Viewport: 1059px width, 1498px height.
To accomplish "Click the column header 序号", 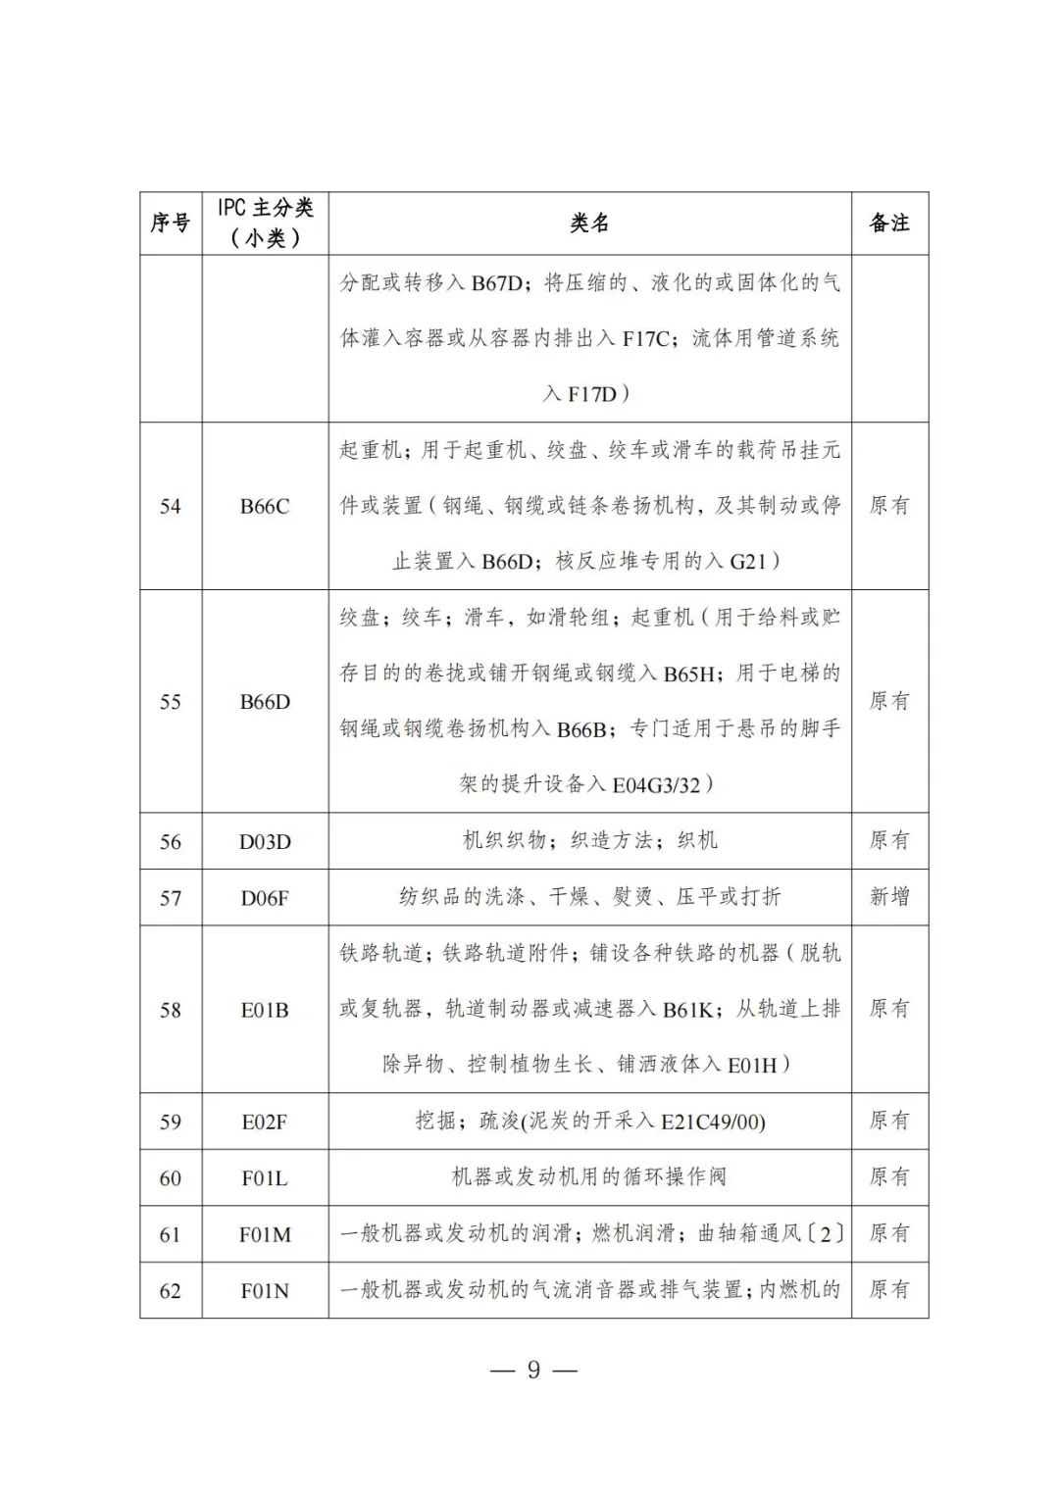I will pos(170,224).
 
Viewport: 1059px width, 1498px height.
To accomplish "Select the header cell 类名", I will pos(589,224).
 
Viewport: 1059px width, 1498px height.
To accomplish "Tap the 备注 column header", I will pos(889,224).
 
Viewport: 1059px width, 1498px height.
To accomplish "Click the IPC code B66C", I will pos(265,506).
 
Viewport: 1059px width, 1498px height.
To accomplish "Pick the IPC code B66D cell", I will pos(265,702).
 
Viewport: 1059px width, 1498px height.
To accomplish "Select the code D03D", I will pos(265,841).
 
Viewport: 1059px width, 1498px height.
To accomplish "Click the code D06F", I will pos(265,897).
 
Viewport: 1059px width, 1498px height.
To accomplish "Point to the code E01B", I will pos(265,1010).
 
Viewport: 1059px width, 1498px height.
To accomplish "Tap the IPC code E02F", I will pos(265,1122).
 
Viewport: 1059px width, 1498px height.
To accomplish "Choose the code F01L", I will pos(265,1177).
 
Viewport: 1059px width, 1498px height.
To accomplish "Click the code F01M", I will pos(265,1234).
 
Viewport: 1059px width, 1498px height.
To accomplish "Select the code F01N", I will pos(265,1290).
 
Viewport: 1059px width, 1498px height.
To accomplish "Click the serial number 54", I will pos(171,506).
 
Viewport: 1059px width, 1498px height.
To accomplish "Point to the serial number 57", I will pos(171,897).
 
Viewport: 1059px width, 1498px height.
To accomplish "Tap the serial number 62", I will pos(171,1290).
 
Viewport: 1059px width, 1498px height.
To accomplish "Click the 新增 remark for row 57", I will pos(889,896).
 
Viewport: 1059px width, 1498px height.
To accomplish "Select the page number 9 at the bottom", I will pos(533,1370).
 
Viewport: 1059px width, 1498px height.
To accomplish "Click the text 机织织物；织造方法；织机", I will pos(589,840).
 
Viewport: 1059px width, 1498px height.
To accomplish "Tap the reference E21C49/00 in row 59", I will pos(712,1122).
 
